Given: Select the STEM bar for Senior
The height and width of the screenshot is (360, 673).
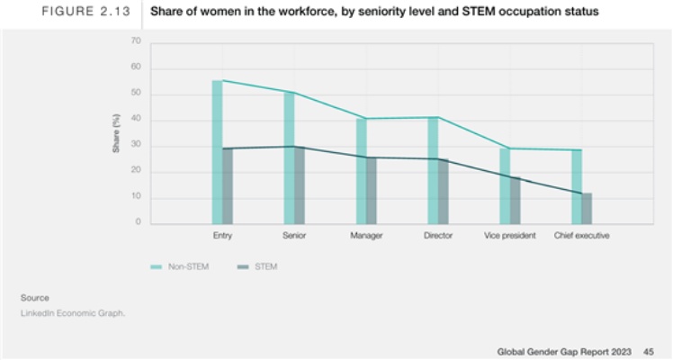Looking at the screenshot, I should pyautogui.click(x=299, y=184).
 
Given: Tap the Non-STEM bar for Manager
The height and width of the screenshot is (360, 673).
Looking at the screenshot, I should pyautogui.click(x=361, y=171).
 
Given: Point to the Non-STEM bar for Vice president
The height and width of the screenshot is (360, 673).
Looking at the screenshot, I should pyautogui.click(x=505, y=185).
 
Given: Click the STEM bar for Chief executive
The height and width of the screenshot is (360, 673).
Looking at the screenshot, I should pyautogui.click(x=587, y=208).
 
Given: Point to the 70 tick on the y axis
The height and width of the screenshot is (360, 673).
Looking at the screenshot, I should pyautogui.click(x=136, y=41).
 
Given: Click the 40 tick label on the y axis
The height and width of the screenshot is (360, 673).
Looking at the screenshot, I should pyautogui.click(x=136, y=120).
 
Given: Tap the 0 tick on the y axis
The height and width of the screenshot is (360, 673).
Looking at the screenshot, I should pyautogui.click(x=138, y=222).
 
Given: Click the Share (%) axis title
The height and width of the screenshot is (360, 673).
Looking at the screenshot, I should pyautogui.click(x=116, y=132).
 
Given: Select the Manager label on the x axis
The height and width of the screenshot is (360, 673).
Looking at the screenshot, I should pyautogui.click(x=366, y=236).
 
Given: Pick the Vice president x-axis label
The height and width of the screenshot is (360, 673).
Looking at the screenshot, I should pyautogui.click(x=510, y=236).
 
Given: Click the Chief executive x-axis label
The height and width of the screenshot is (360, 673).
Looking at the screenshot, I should pyautogui.click(x=582, y=236).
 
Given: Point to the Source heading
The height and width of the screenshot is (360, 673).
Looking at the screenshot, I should pyautogui.click(x=35, y=297).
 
